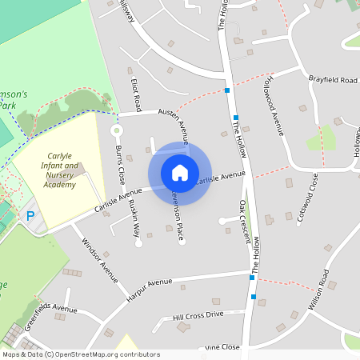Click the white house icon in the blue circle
click(x=179, y=172)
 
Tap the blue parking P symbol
click(x=30, y=215)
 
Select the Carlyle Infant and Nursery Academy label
click(x=60, y=170)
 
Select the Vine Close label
click(x=222, y=347)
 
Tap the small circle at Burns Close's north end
click(x=116, y=130)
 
